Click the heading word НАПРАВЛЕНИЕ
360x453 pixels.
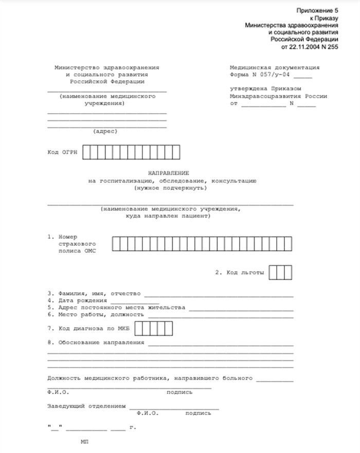click(x=169, y=173)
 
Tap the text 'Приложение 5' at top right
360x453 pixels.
click(x=317, y=11)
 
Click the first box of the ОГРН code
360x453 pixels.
click(x=87, y=153)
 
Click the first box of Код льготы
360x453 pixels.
click(x=273, y=272)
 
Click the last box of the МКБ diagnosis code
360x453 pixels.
click(x=169, y=328)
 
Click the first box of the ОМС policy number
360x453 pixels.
click(x=117, y=244)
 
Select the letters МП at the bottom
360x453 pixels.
click(x=84, y=442)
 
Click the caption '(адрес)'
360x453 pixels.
click(x=105, y=131)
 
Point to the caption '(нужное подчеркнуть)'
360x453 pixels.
click(x=169, y=188)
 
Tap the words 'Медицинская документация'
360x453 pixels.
click(x=274, y=67)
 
